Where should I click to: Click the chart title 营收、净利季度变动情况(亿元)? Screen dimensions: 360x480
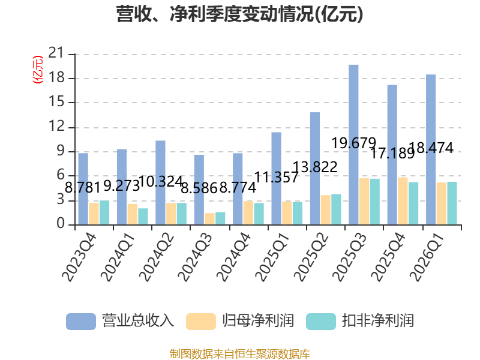click(240, 14)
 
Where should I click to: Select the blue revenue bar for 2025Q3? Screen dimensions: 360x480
click(353, 144)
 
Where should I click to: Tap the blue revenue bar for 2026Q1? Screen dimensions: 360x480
click(431, 149)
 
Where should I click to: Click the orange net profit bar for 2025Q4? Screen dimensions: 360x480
click(403, 200)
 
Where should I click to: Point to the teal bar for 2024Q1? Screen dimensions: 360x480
click(143, 216)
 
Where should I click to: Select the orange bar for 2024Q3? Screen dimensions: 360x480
click(209, 218)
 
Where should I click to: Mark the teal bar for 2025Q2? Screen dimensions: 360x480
click(336, 209)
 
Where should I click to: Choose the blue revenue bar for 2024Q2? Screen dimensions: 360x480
click(160, 182)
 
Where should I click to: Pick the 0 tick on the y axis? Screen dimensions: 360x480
click(61, 224)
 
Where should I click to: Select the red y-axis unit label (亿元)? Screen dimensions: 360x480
click(37, 69)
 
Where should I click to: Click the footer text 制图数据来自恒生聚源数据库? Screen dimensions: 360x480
click(240, 353)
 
